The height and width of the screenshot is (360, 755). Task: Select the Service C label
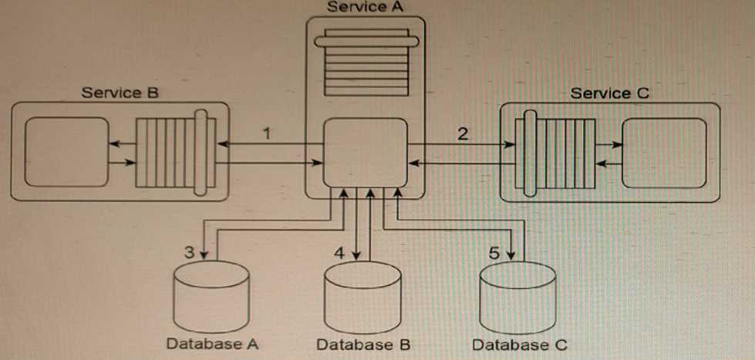coord(609,93)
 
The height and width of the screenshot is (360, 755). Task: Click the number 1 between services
coord(266,133)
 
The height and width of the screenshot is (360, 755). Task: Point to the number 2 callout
coord(463,133)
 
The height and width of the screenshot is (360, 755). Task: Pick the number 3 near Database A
coord(190,251)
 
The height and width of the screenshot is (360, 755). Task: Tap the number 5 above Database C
coord(495,251)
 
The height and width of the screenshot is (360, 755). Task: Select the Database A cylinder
coord(211,297)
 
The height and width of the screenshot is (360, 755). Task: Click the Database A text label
coord(211,344)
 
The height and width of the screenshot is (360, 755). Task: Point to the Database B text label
coord(362,345)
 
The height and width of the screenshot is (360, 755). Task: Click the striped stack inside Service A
coord(367,61)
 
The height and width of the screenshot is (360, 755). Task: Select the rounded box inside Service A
coord(366,152)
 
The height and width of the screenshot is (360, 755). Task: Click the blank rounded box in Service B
coord(66,152)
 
